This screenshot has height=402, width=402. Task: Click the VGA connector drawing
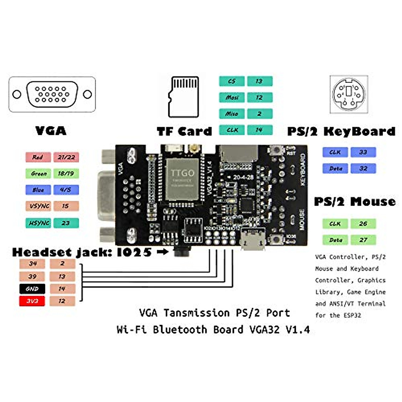pos(52,94)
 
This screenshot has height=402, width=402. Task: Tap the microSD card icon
pos(184,97)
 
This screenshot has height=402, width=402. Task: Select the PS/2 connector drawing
pos(349,94)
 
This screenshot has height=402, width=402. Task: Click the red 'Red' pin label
pos(38,157)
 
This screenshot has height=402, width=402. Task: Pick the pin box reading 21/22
pos(66,157)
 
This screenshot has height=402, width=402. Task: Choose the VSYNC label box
pos(38,206)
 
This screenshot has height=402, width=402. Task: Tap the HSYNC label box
pos(38,223)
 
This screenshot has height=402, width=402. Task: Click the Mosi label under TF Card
pos(232,97)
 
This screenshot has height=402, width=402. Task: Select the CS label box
pos(232,81)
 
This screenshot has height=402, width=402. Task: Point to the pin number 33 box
pos(363,152)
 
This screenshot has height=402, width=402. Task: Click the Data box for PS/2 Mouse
pos(335,240)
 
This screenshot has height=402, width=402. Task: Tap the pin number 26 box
pos(363,223)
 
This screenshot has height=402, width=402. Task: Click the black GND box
pos(32,289)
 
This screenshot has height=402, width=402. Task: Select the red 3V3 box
pos(32,301)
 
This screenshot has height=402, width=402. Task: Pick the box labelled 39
pos(32,276)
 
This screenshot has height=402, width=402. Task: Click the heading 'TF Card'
pos(184,131)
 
